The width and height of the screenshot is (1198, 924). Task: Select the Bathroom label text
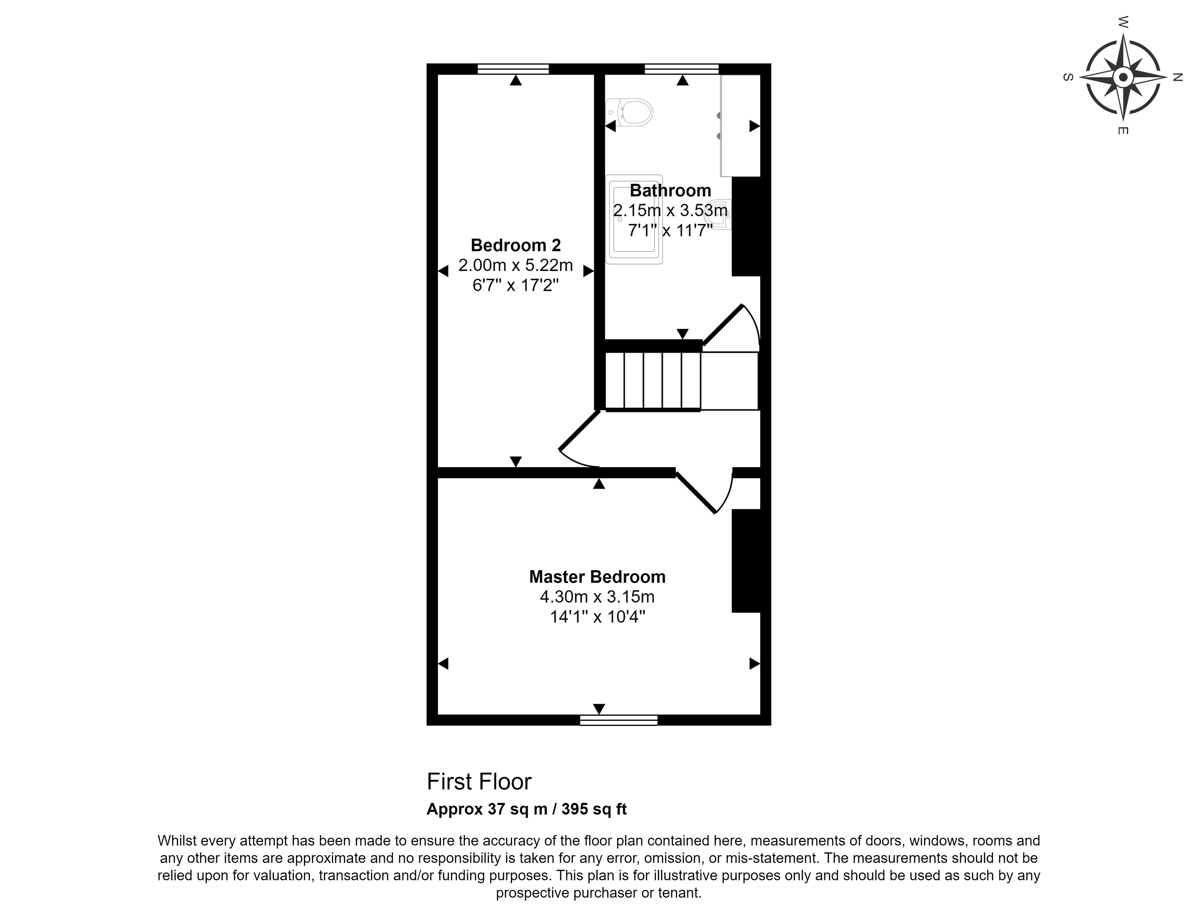click(x=670, y=190)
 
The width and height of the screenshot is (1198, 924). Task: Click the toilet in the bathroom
click(x=631, y=113)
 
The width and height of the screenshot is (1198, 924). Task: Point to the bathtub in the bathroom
click(x=634, y=220)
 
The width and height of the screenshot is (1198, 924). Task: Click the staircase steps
click(x=653, y=381)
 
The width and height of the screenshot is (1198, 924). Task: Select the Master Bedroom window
click(x=619, y=720)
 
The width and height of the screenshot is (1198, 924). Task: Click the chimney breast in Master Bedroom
click(x=746, y=560)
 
